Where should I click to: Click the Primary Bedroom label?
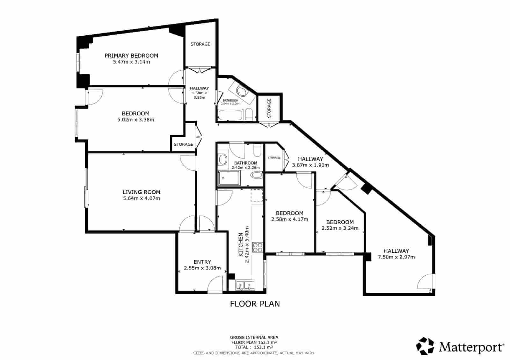pos(131,56)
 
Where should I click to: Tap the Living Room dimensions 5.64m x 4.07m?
pos(141,198)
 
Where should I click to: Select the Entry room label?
pos(202,262)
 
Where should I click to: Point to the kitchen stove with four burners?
pos(258,248)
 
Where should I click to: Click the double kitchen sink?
pos(245,285)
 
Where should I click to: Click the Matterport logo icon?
pos(425,346)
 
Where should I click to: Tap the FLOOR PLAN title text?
pos(255,304)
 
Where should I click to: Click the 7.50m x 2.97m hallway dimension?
pos(396,257)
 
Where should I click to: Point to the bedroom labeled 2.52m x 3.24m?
pos(340,225)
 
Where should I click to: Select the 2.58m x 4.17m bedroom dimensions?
pos(289,219)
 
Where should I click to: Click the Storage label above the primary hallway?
pos(200,44)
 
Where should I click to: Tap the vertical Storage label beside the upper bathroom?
pos(269,108)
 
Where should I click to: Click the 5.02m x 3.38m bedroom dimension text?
pos(136,120)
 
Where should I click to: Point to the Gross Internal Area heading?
pos(254,337)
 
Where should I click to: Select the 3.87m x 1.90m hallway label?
pos(310,165)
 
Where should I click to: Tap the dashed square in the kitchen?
pos(256,195)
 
